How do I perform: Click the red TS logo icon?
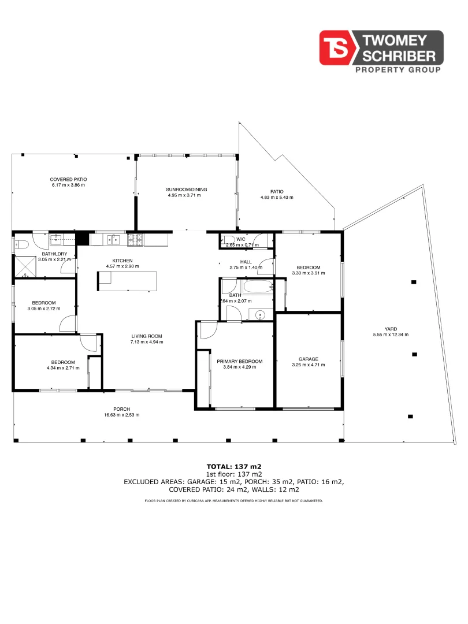[338, 47]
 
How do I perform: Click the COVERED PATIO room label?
[68, 180]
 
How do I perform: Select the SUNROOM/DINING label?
[186, 190]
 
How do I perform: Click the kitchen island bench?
[127, 281]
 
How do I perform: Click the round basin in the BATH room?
[260, 315]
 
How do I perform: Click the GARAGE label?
[309, 359]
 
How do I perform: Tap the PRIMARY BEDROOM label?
[239, 362]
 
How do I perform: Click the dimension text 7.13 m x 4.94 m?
[147, 342]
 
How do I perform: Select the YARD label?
[391, 329]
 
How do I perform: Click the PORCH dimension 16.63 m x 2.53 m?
[121, 415]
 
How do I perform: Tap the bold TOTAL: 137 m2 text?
[233, 466]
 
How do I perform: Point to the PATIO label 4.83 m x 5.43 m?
[277, 197]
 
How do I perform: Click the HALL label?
[246, 262]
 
